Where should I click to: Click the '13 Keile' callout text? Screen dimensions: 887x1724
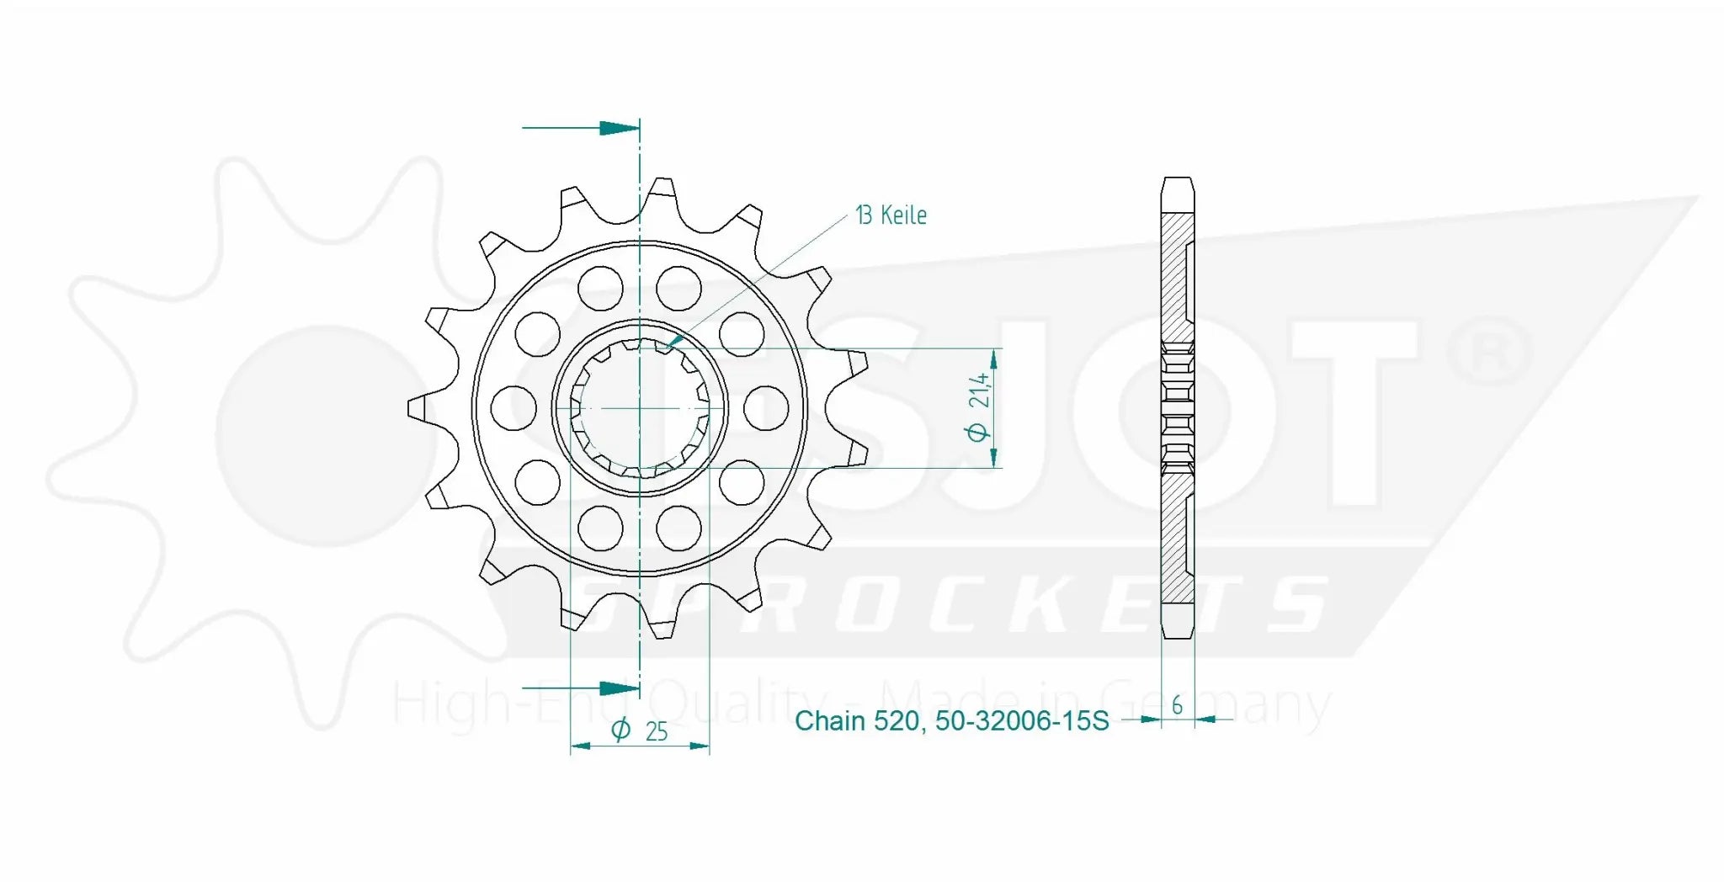(891, 215)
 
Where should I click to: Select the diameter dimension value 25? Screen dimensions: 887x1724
(656, 731)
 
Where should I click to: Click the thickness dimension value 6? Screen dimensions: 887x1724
(1177, 704)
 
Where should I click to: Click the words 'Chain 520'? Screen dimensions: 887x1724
(855, 721)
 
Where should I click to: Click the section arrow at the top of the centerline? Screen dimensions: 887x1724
(619, 128)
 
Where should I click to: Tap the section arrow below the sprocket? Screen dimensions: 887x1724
(619, 688)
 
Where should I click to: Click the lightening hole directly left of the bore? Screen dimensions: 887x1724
(513, 408)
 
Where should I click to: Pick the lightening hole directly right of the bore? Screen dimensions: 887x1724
(766, 408)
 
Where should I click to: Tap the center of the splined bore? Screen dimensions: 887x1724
(640, 408)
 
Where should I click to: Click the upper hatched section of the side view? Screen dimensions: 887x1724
(1177, 278)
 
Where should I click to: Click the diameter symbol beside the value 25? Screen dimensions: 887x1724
(620, 730)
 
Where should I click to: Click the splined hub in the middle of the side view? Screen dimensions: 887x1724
(1178, 408)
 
